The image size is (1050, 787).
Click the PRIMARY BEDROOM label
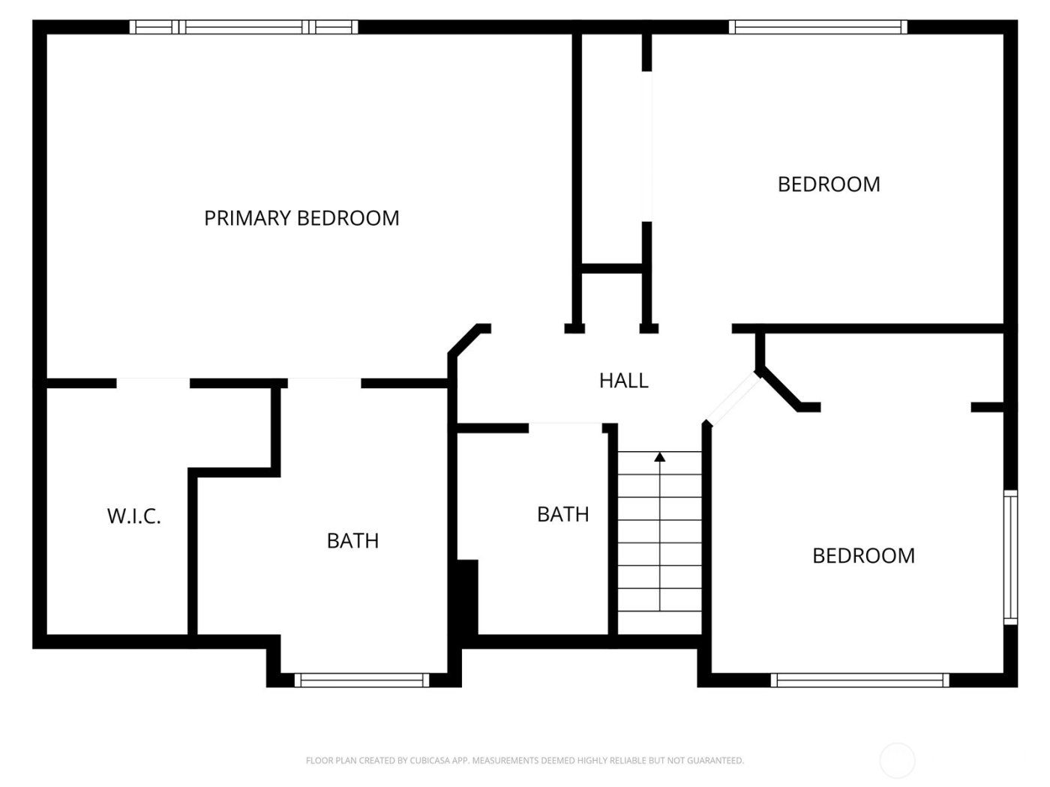[301, 218]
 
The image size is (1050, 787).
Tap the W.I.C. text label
[134, 516]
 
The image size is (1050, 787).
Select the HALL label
[623, 381]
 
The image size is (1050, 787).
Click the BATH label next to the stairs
[562, 514]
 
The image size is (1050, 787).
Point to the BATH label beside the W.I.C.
[352, 540]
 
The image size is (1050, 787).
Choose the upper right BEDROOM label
[829, 184]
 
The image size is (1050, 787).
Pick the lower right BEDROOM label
[863, 555]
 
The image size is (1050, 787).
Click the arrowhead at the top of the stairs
[660, 456]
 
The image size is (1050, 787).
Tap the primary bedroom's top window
[244, 27]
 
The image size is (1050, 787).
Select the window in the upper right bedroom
[818, 27]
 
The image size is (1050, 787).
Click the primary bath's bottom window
[362, 680]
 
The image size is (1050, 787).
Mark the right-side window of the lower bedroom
[1010, 558]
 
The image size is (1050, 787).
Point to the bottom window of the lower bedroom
[859, 680]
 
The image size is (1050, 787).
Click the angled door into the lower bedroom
[733, 399]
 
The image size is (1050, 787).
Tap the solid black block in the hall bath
[467, 597]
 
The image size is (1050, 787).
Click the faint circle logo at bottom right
[897, 760]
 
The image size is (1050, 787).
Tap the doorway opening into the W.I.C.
[153, 383]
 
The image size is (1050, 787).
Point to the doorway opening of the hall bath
[565, 427]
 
